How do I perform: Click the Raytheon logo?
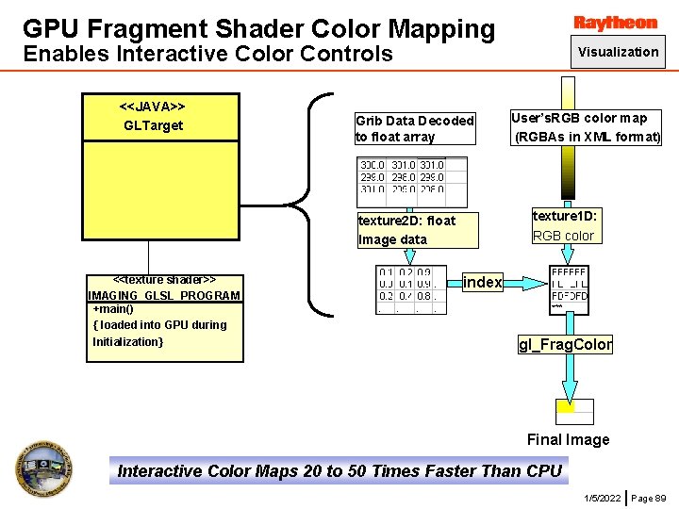click(616, 22)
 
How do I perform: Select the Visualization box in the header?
click(619, 52)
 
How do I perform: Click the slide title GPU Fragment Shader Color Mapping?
click(258, 28)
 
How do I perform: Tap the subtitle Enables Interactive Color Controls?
click(207, 54)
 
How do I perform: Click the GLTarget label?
click(153, 125)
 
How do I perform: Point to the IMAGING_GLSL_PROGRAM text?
click(164, 295)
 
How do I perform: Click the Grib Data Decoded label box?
click(415, 128)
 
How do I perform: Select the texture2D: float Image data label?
click(406, 230)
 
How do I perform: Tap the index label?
click(483, 282)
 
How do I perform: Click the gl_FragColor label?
click(565, 344)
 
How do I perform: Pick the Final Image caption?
click(568, 439)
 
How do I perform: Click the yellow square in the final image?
click(565, 406)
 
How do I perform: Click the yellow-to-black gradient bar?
click(569, 173)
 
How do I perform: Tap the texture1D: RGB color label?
click(564, 225)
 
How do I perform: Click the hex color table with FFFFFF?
click(569, 288)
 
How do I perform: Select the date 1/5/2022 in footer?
click(602, 497)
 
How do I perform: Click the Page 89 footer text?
click(648, 497)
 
